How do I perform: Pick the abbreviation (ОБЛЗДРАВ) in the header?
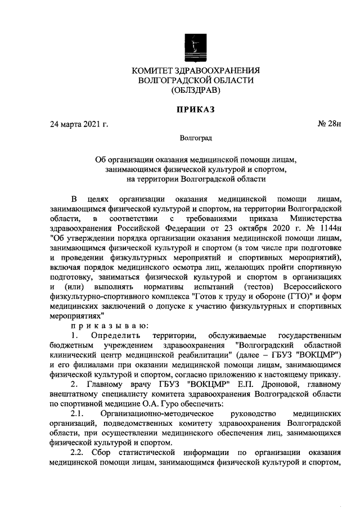pyautogui.click(x=195, y=90)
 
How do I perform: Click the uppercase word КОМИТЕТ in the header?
pyautogui.click(x=152, y=70)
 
